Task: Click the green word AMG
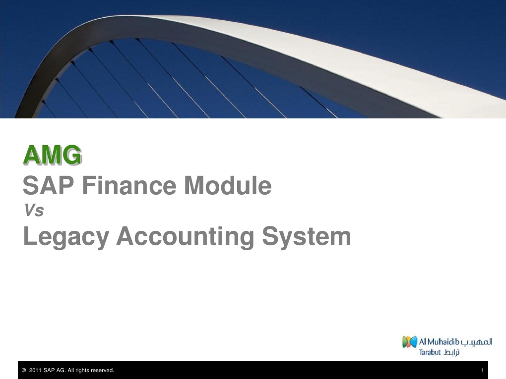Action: tap(52, 156)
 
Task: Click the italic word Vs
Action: tap(34, 212)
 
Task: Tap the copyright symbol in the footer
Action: tap(23, 371)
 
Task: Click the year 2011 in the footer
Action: tap(35, 371)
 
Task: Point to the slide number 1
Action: tap(482, 371)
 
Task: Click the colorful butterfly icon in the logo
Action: tap(409, 342)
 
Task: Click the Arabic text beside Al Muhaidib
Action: tap(477, 341)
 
